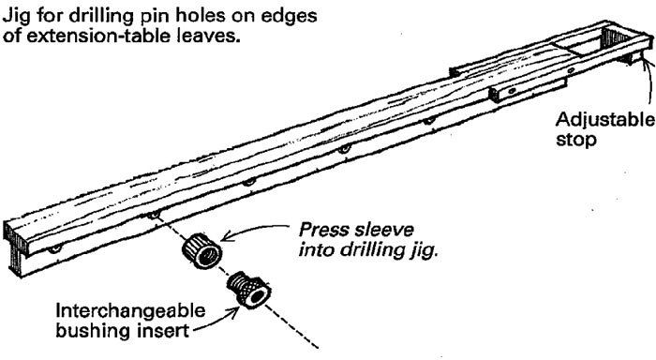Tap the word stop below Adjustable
pos(574,143)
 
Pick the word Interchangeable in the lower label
pos(121,310)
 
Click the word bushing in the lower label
pos(87,331)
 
